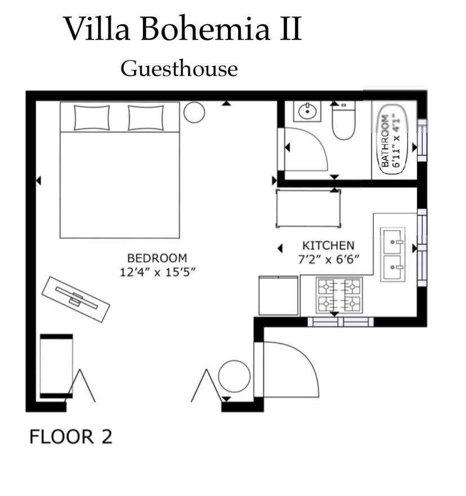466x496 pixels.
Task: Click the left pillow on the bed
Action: pos(92,118)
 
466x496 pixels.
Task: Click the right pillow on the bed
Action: pos(146,118)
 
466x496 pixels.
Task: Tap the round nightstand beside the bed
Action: pos(194,112)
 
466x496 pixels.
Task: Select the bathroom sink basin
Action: pos(307,111)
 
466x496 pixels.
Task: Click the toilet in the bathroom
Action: pos(344,120)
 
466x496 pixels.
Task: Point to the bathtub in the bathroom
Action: pos(393,140)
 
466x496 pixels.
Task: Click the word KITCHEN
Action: pos(328,245)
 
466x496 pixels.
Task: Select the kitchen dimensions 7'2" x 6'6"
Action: pos(329,260)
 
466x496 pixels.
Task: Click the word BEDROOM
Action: pos(157,258)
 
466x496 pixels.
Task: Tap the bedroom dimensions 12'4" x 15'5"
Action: pos(158,272)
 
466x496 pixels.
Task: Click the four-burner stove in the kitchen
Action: pos(339,295)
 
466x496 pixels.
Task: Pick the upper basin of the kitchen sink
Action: pos(393,242)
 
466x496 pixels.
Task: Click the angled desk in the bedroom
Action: pos(76,300)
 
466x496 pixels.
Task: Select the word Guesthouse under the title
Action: pos(179,69)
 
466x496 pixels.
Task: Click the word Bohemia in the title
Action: pos(205,29)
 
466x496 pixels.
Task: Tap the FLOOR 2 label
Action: pos(71,437)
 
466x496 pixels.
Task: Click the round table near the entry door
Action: pos(234,376)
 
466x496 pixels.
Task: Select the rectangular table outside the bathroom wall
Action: pos(308,208)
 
